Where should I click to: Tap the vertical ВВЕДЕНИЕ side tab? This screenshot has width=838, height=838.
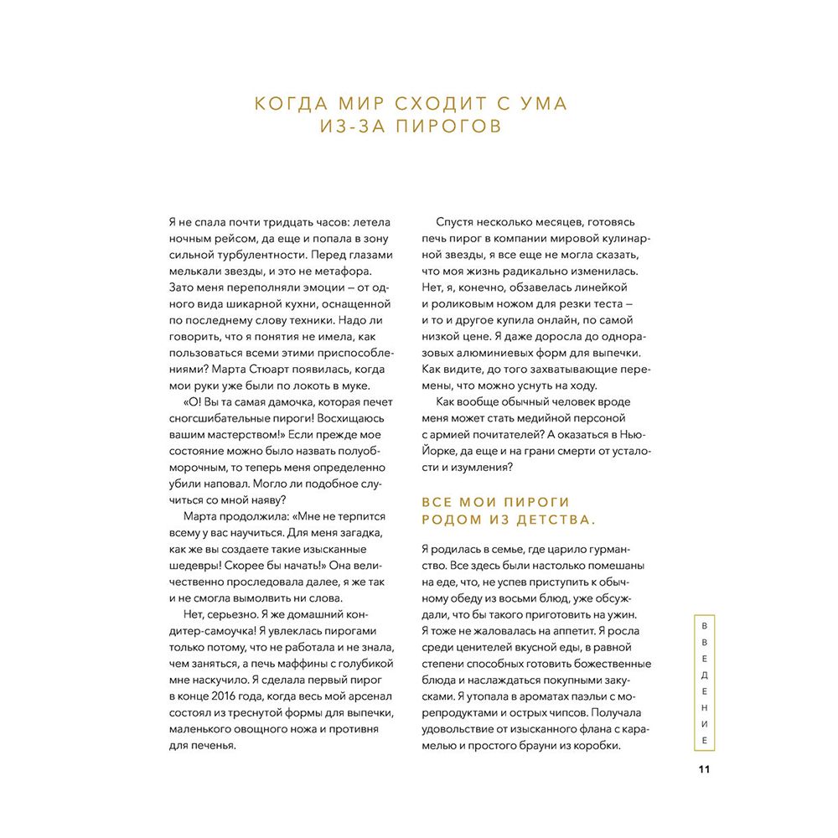(x=705, y=684)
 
